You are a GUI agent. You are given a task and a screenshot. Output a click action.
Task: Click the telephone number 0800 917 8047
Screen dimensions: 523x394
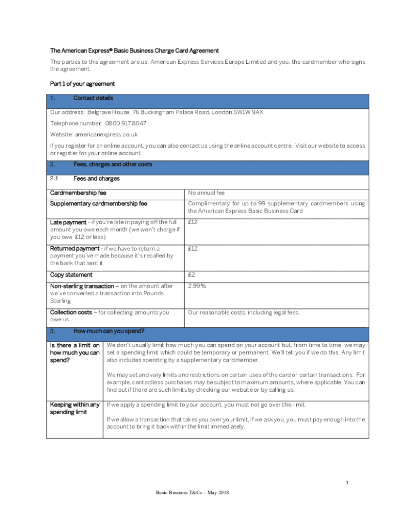(125, 123)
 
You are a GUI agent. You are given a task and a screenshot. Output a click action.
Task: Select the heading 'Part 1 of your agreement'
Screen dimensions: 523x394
(82, 84)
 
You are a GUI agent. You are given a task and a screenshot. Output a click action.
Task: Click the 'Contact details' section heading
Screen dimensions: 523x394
(93, 98)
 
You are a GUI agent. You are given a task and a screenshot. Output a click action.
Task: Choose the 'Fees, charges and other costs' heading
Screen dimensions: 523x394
(113, 164)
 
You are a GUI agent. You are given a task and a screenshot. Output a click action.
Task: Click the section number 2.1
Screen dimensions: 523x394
(54, 179)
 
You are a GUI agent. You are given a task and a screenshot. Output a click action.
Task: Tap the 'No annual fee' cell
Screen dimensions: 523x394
(206, 193)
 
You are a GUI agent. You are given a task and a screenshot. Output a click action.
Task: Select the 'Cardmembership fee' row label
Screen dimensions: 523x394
(78, 193)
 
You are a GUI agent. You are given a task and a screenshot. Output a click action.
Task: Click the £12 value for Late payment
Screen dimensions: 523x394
(193, 222)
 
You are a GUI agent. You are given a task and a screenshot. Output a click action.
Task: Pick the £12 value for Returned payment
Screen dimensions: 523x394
(193, 249)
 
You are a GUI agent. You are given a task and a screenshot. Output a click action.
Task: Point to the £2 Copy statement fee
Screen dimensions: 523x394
(191, 275)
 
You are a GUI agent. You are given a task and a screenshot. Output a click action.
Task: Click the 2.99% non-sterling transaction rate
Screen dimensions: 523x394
(197, 286)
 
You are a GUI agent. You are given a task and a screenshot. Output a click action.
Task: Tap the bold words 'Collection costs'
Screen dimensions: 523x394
(71, 312)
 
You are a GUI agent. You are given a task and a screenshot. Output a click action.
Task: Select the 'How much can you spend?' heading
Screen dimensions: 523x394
(108, 331)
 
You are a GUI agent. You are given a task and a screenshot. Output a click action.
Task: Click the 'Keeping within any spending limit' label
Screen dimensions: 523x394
(74, 408)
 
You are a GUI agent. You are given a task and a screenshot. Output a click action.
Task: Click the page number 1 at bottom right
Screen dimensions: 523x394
(347, 483)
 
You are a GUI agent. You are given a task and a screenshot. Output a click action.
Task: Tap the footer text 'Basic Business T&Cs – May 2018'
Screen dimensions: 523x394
(192, 492)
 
